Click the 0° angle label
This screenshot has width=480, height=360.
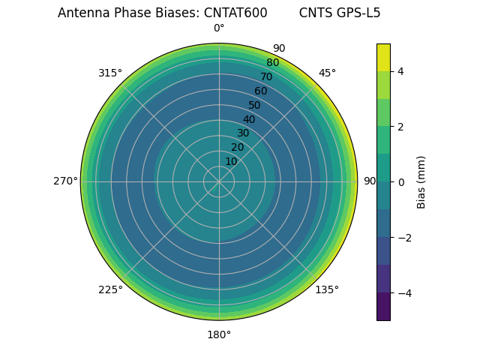(219, 28)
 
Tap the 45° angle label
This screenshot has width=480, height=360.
(327, 73)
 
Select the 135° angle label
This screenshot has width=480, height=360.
(327, 289)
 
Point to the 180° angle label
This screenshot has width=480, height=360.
(219, 334)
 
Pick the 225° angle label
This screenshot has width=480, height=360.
(110, 289)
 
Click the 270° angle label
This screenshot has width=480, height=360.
(65, 181)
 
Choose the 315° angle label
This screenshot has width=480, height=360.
(110, 73)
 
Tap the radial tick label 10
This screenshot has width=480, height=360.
(231, 161)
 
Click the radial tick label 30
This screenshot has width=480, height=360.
(243, 133)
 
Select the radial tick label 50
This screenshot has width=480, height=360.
(255, 105)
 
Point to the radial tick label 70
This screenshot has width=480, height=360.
(266, 76)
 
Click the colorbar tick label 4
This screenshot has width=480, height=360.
(400, 71)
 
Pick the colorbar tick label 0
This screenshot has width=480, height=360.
(400, 182)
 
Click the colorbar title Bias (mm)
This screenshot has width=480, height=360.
(421, 182)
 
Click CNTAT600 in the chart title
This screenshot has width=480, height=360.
(235, 13)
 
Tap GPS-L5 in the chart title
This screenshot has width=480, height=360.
(357, 13)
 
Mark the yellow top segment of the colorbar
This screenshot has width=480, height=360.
(383, 57)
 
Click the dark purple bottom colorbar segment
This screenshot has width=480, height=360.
(383, 307)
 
